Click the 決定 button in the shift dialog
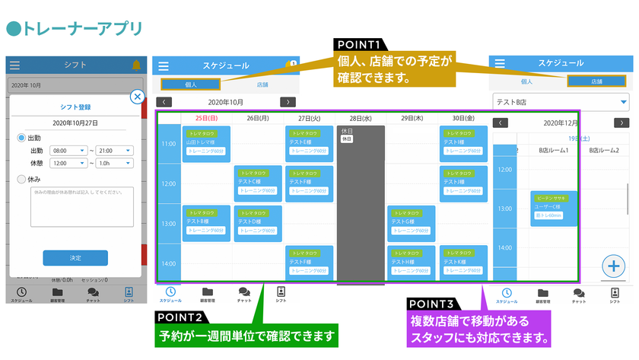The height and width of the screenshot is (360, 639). [x=75, y=258]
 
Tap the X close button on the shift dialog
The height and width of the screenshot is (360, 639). [x=137, y=97]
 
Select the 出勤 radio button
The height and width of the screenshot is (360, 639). [x=21, y=138]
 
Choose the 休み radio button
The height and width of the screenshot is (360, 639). [x=21, y=179]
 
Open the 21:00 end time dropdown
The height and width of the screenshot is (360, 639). [x=115, y=151]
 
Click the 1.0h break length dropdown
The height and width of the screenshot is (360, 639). [x=115, y=163]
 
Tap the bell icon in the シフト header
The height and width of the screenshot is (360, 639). [x=137, y=65]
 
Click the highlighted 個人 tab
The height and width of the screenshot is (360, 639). [x=191, y=85]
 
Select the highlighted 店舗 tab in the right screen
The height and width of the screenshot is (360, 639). [x=597, y=81]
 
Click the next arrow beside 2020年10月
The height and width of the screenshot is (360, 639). [x=287, y=102]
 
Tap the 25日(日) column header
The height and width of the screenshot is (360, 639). [x=206, y=118]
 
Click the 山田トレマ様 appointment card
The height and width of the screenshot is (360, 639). [x=206, y=142]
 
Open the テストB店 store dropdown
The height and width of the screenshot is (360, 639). [x=561, y=101]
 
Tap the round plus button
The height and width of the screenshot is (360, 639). [x=614, y=266]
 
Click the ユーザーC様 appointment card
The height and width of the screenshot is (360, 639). [x=553, y=208]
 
